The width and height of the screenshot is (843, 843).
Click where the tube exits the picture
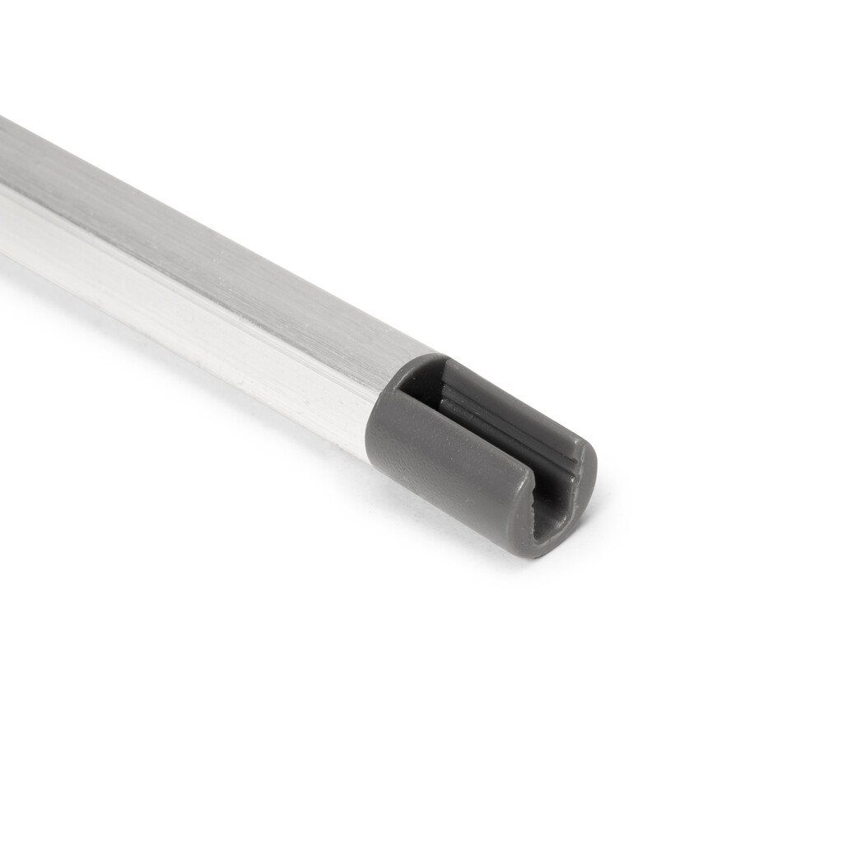(4, 189)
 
